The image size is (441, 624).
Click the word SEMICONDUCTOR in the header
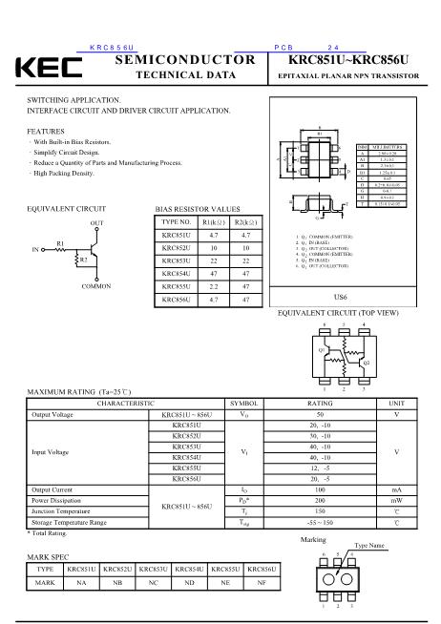(184, 59)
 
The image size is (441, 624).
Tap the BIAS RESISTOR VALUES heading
(198, 208)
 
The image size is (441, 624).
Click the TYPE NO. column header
(178, 221)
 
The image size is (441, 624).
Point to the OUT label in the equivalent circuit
(96, 221)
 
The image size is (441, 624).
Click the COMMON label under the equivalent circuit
(96, 286)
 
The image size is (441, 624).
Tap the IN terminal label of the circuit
(35, 250)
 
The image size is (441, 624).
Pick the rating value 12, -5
(321, 468)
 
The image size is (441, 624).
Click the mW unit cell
(396, 500)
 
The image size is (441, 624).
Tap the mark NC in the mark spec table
(153, 581)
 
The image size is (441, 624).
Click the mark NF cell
(262, 581)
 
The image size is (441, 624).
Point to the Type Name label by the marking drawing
(369, 546)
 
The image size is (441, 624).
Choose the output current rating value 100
(321, 489)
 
